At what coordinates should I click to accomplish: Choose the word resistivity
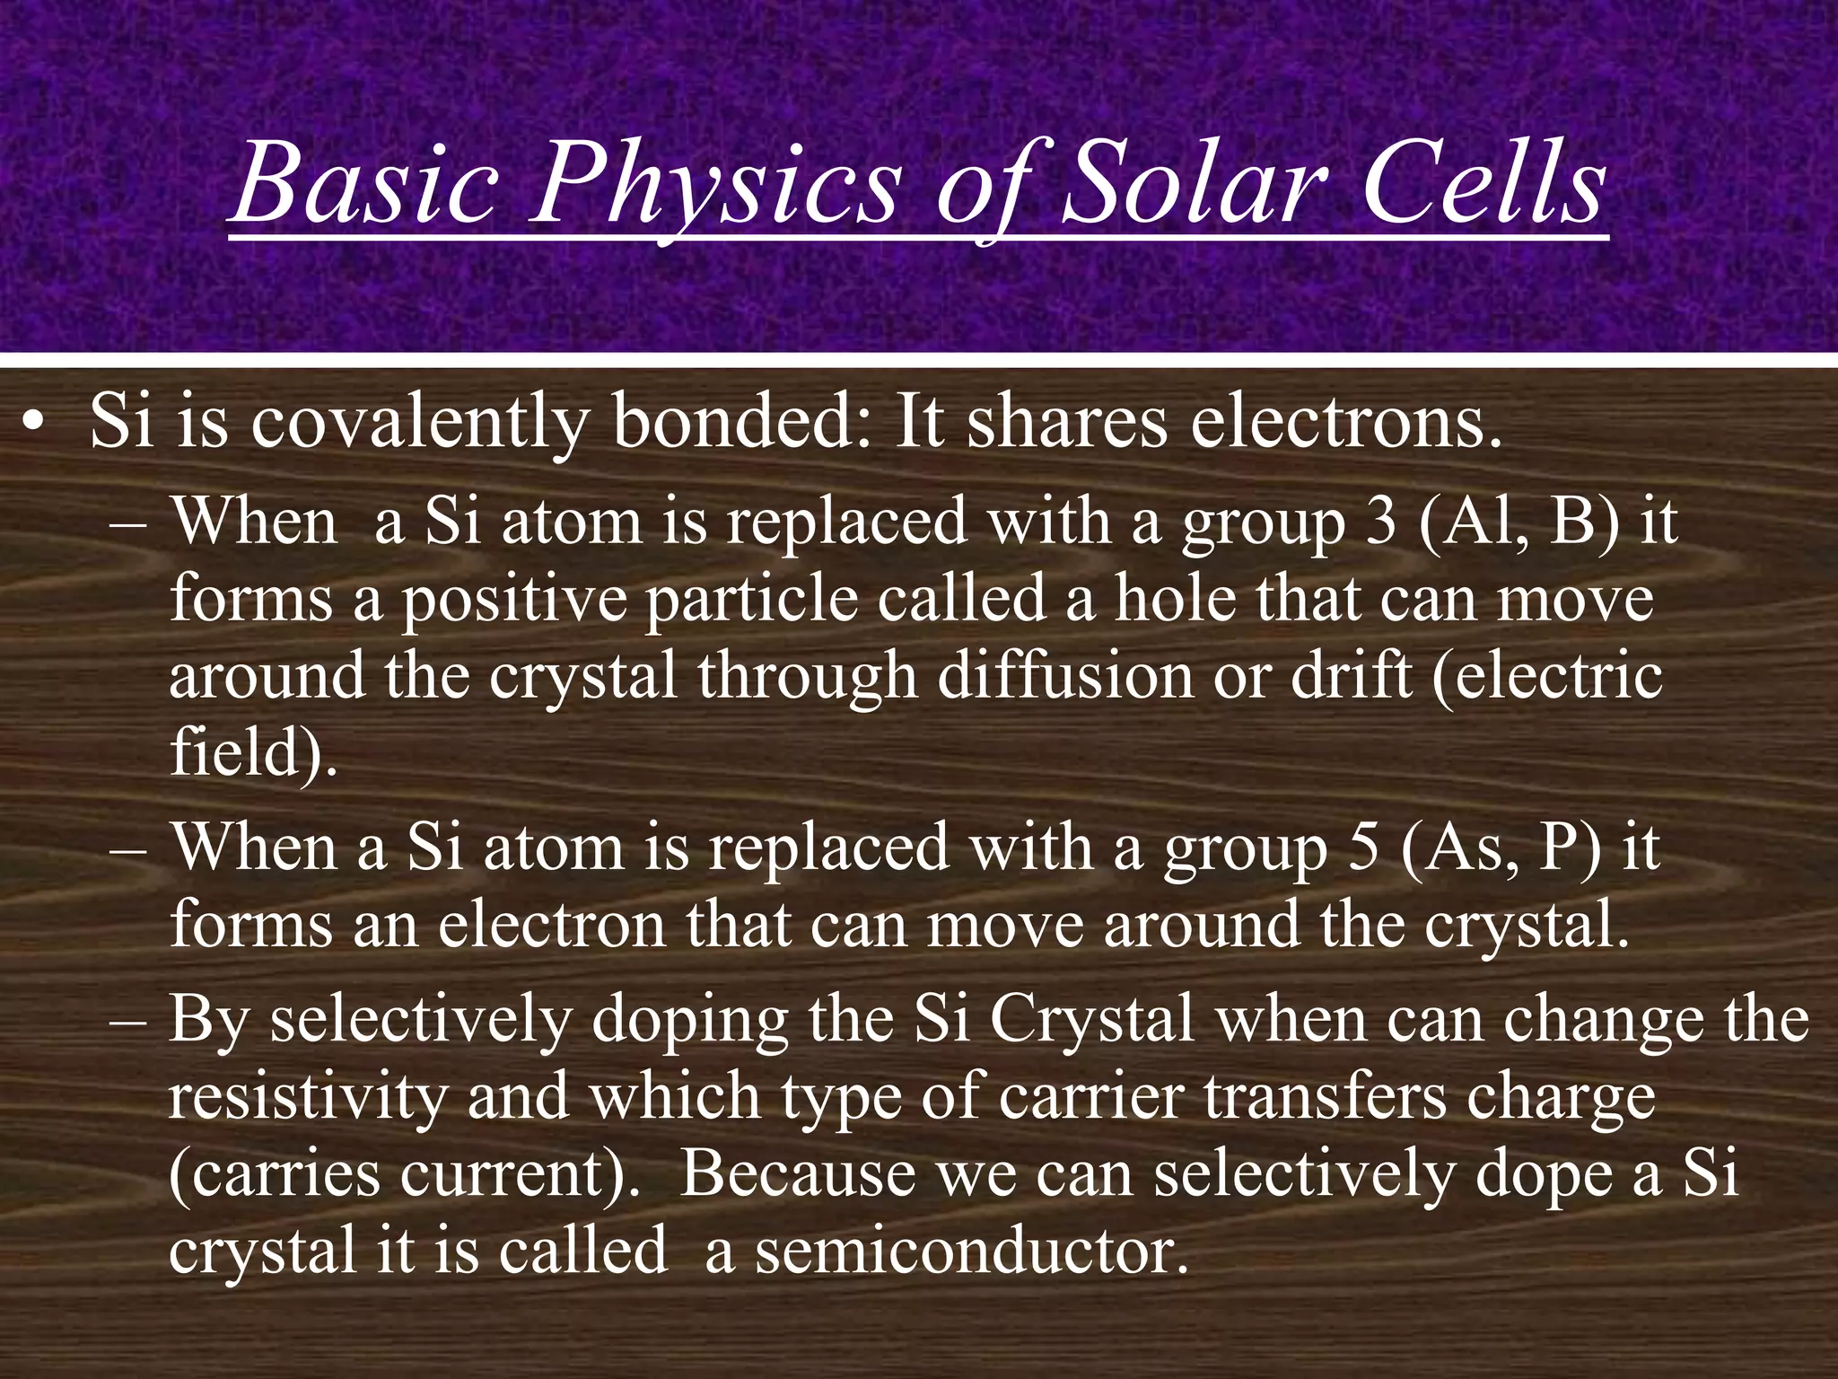tap(306, 1097)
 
